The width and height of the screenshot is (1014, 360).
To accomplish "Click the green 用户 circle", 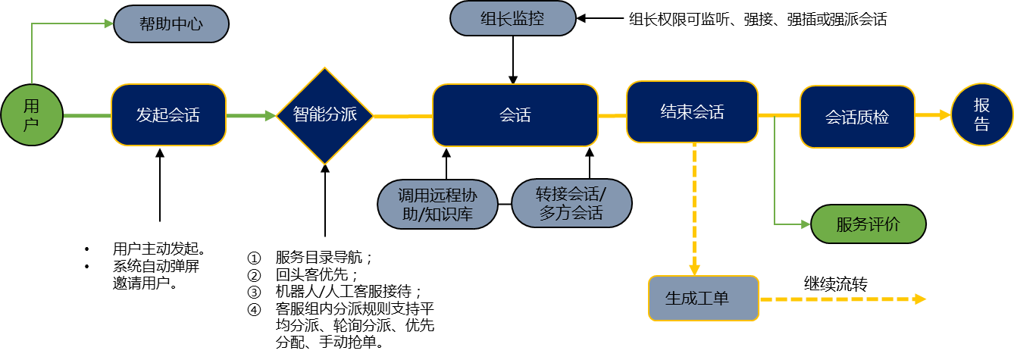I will (32, 115).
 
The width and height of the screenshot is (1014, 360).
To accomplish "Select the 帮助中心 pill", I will (171, 23).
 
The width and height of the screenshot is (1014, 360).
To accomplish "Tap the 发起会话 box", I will (168, 115).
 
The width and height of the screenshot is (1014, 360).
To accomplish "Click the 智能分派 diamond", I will (324, 116).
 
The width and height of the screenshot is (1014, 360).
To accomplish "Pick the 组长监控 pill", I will (512, 19).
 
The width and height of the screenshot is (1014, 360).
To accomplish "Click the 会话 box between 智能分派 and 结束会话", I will (515, 115).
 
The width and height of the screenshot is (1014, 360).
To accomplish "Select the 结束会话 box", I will (692, 112).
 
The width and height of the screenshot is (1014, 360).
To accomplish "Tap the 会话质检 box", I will (857, 117).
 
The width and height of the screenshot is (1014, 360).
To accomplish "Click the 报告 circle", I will (981, 115).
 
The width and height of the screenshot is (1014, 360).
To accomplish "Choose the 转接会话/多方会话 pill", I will (571, 203).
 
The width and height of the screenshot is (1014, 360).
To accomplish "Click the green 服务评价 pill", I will (868, 224).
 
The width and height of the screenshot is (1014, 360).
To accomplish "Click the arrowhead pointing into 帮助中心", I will (109, 23).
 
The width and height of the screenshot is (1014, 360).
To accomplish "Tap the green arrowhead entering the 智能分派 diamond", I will (271, 116).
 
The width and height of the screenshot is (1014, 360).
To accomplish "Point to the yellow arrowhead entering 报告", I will (945, 115).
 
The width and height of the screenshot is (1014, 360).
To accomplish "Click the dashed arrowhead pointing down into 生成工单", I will (694, 269).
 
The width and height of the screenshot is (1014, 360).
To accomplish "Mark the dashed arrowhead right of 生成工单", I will (920, 299).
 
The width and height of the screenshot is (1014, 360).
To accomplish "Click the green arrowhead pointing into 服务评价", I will (806, 224).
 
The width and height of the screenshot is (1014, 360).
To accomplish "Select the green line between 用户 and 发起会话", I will (86, 116).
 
